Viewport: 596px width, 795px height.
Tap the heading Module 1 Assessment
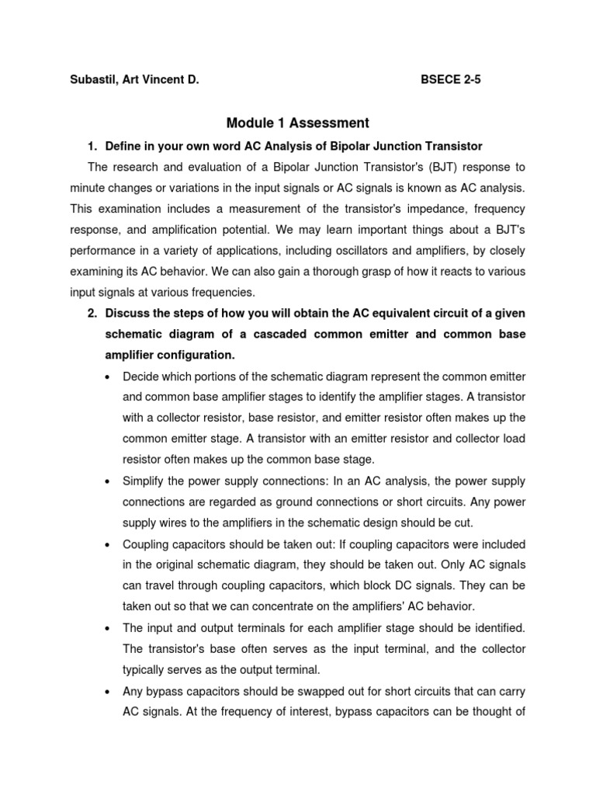(298, 123)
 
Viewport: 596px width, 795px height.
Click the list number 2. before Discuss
(92, 313)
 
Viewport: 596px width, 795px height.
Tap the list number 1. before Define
(92, 146)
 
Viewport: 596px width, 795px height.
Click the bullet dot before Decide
(106, 377)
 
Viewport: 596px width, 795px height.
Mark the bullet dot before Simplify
(106, 481)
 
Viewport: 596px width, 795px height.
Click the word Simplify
(144, 481)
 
